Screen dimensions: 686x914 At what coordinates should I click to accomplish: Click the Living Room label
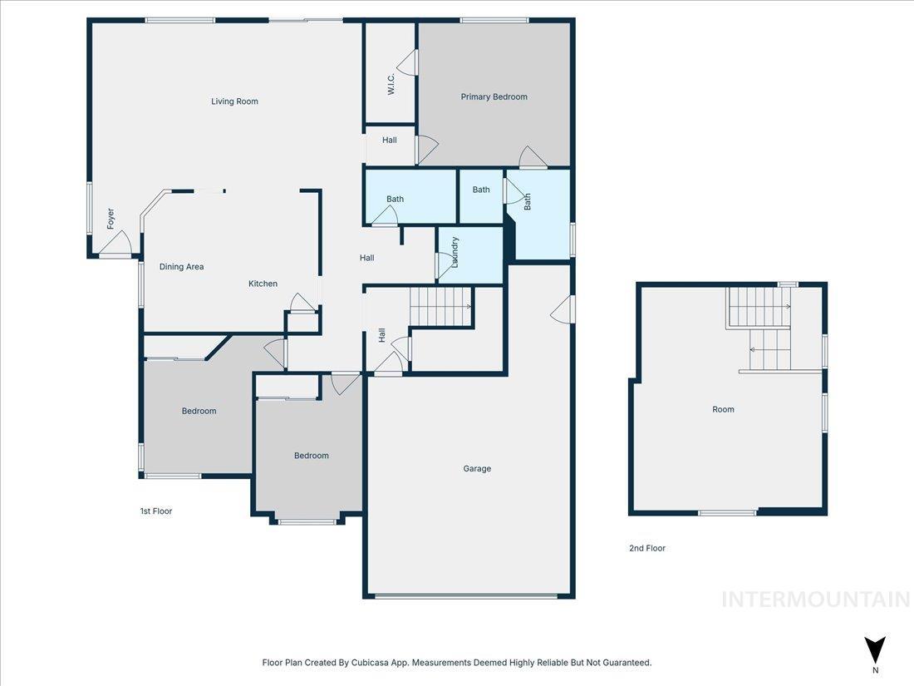(234, 101)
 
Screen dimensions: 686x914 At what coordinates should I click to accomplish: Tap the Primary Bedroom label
(494, 97)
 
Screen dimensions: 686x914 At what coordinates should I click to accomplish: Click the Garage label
(477, 469)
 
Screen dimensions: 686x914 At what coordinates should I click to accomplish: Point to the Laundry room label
(455, 253)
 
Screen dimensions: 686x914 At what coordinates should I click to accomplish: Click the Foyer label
(110, 219)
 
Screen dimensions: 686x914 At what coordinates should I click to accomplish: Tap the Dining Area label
(181, 267)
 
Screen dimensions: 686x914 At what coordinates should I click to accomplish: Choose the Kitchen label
(263, 284)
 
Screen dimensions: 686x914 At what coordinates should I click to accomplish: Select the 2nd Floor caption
(646, 549)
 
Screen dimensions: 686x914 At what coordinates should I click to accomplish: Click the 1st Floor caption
(156, 511)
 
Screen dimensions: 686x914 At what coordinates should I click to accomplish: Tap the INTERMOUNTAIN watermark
(815, 600)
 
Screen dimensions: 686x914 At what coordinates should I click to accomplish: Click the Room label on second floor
(723, 410)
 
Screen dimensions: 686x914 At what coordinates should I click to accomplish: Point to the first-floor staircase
(441, 307)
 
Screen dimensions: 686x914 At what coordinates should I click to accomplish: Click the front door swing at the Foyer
(116, 244)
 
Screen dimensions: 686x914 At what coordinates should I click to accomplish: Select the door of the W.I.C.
(408, 62)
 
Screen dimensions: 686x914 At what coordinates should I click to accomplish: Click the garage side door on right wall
(563, 308)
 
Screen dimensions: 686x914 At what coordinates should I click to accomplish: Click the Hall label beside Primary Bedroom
(389, 141)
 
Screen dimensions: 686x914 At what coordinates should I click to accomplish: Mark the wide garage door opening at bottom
(465, 595)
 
